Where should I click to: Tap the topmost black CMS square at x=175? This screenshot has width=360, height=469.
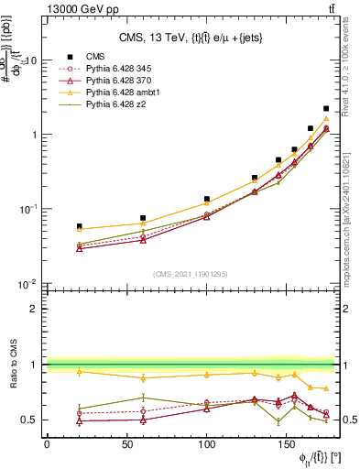(326, 108)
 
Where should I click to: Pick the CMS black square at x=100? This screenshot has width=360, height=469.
(207, 199)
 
